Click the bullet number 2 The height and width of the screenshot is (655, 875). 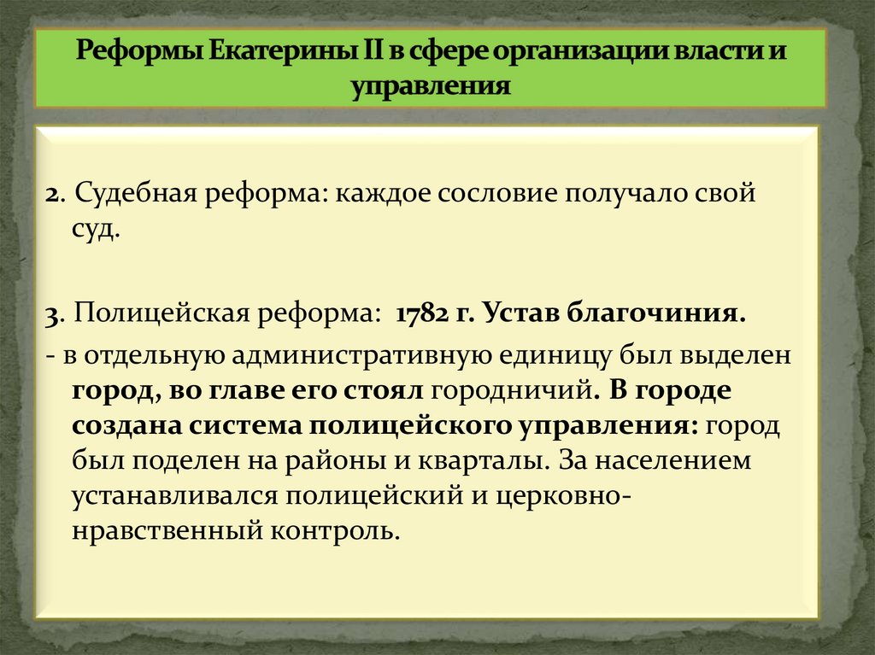(51, 195)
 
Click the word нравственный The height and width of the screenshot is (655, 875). (167, 530)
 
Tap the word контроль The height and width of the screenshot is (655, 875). (335, 530)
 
